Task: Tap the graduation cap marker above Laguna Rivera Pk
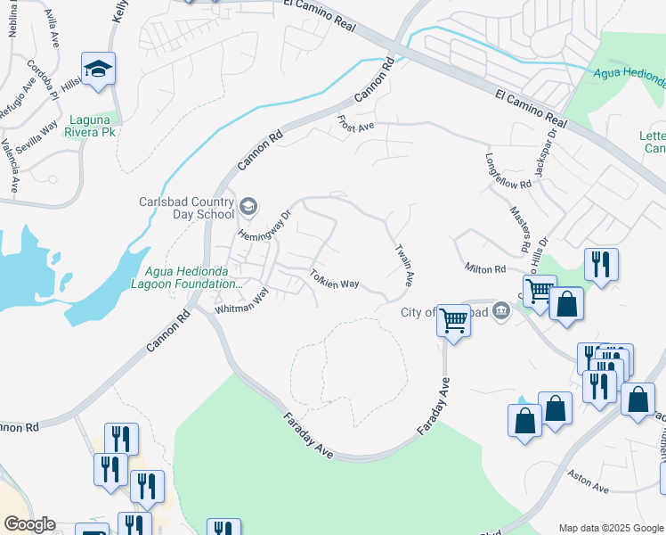tap(98, 69)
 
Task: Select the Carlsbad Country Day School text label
tap(186, 207)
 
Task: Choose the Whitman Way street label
tap(242, 301)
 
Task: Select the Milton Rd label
tap(484, 268)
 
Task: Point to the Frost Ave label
tap(355, 124)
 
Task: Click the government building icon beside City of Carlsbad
tap(501, 311)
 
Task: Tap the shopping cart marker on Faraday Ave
tap(454, 319)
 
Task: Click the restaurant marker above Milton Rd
tap(602, 264)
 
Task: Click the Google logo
tap(29, 524)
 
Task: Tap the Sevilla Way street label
tap(36, 136)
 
